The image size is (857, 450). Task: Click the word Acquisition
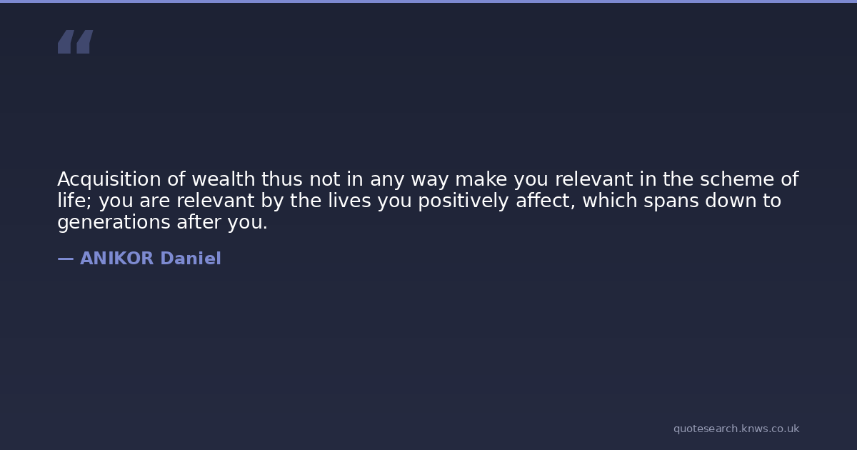[x=109, y=179]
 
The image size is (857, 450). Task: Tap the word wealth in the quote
[x=223, y=179]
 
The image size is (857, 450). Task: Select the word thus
[x=282, y=179]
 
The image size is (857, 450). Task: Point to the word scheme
[x=737, y=179]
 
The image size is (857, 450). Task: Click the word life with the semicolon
[x=75, y=201]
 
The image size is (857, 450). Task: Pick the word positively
[x=463, y=201]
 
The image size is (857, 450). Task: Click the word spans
[x=671, y=201]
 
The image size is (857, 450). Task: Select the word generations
[x=114, y=222]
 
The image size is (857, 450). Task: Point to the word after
[x=199, y=222]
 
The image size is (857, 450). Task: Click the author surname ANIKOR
[x=116, y=259]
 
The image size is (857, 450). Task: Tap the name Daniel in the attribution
[x=191, y=259]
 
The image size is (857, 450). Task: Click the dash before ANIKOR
[x=66, y=259]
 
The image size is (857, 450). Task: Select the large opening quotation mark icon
[x=76, y=41]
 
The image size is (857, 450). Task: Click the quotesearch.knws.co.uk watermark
[x=736, y=429]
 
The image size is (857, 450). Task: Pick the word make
[x=481, y=179]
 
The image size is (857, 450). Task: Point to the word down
[x=731, y=200]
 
